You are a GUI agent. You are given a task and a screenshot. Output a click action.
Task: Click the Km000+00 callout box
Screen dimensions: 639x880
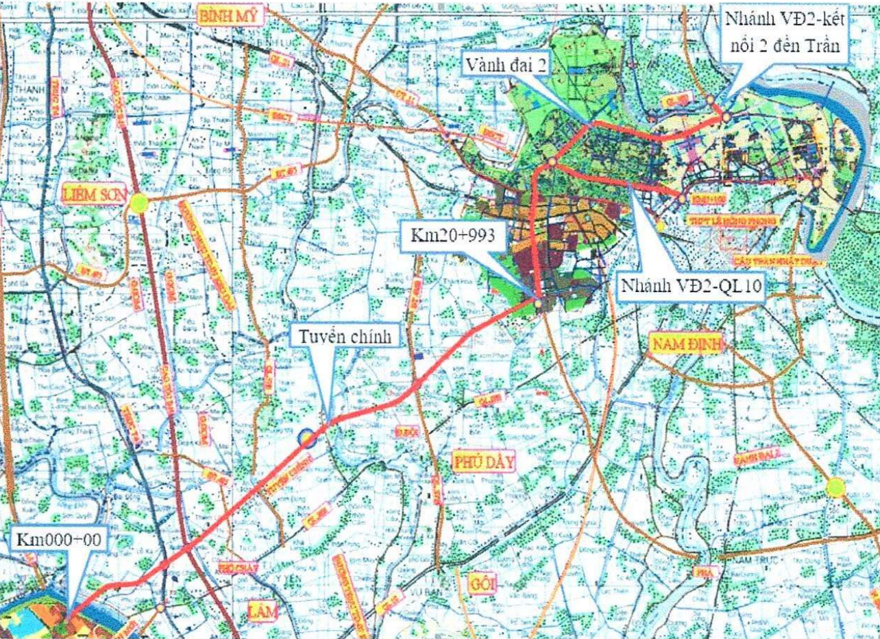tap(58, 540)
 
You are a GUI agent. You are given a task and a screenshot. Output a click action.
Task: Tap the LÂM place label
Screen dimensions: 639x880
tap(261, 610)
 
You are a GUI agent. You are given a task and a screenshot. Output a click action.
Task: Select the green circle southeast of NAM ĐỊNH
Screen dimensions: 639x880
tap(835, 487)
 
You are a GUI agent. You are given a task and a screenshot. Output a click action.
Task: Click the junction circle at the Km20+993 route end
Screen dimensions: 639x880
tap(538, 302)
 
